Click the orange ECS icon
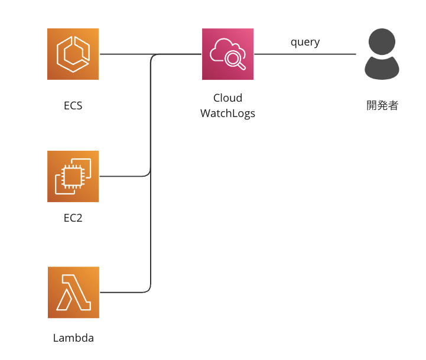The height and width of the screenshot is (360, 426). [x=73, y=54]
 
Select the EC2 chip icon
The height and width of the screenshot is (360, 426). [x=73, y=176]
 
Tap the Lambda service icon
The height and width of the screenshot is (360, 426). [x=73, y=292]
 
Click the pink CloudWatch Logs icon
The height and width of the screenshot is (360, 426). [x=227, y=54]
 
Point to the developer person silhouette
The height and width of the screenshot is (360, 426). [x=382, y=54]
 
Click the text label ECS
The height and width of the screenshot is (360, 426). [x=73, y=106]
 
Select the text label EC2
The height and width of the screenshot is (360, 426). [x=73, y=218]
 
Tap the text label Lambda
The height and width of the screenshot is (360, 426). [x=73, y=339]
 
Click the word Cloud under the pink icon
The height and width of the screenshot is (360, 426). [x=227, y=98]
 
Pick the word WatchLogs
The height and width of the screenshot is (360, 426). [x=227, y=113]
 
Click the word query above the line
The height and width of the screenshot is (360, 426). [x=305, y=42]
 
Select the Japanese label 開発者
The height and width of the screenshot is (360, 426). [x=382, y=106]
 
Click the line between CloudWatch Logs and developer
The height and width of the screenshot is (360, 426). [x=305, y=54]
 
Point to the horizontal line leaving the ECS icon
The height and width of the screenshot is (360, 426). [x=124, y=54]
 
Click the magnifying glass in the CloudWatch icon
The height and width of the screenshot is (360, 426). [x=235, y=59]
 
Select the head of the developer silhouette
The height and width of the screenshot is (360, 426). [x=382, y=41]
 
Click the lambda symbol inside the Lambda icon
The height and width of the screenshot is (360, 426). [x=73, y=293]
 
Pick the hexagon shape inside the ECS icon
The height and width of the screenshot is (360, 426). [x=73, y=54]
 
